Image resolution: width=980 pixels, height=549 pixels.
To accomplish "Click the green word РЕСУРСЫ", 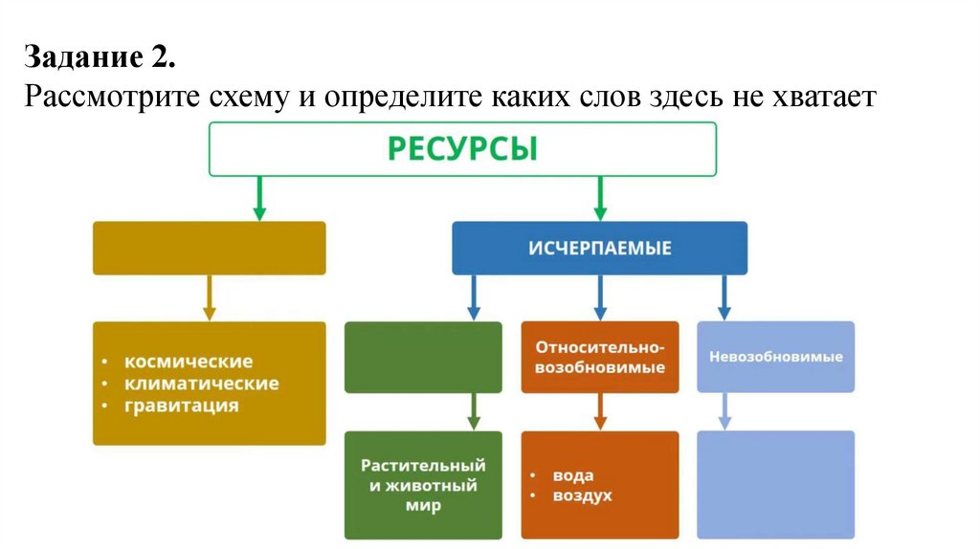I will click(x=462, y=150).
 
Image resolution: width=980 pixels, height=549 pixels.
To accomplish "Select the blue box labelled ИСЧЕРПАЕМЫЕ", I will click(x=599, y=248).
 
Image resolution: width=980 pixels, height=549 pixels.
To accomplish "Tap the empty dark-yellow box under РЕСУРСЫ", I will click(x=209, y=248).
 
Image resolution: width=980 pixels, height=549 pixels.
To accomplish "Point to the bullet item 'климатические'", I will click(x=201, y=384).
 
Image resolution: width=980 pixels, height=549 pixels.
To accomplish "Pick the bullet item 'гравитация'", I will click(x=181, y=406).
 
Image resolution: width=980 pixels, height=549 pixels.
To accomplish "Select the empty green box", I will click(x=422, y=357).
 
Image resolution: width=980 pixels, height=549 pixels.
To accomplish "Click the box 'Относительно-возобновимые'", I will click(x=600, y=357).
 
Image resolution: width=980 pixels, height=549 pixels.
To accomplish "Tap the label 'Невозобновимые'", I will click(x=775, y=357).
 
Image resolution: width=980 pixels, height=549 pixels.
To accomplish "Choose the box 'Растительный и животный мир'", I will click(x=422, y=485).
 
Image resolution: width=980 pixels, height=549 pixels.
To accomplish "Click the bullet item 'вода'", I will click(x=572, y=475).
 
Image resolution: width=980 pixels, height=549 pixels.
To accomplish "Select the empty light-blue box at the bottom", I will click(x=775, y=485).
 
